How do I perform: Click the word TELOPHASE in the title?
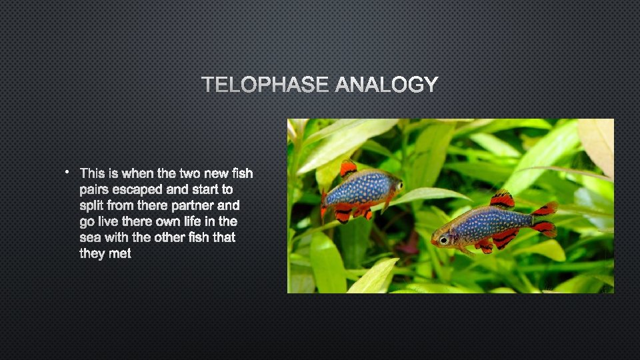coord(265,85)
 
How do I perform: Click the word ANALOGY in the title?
coord(387,85)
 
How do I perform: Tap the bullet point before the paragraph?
coord(68,173)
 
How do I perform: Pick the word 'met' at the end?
coord(121,253)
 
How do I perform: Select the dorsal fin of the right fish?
coord(502,199)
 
